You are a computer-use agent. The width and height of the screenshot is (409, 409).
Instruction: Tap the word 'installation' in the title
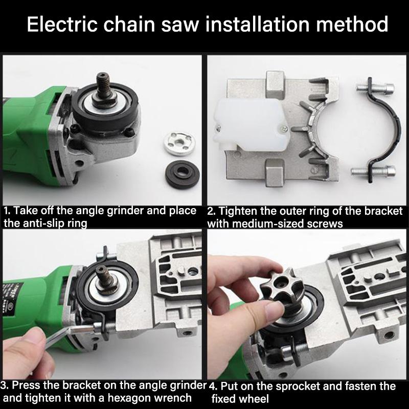(x=262, y=24)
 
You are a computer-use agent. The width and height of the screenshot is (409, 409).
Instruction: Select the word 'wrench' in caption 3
(x=173, y=398)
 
